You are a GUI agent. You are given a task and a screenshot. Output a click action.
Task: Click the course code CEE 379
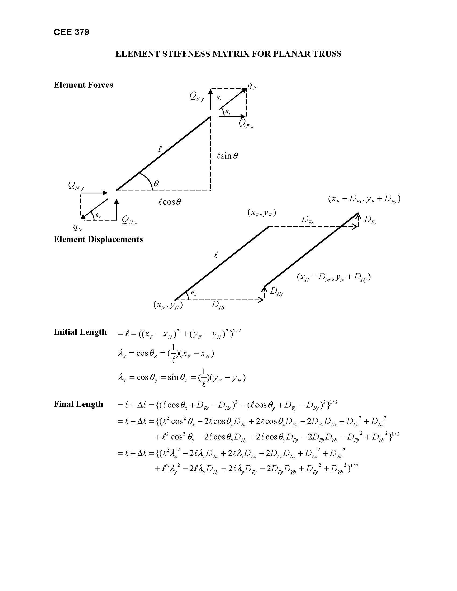tap(72, 32)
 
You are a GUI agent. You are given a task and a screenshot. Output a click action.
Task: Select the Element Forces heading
tap(83, 85)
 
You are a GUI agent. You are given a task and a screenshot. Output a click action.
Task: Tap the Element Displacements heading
tap(98, 239)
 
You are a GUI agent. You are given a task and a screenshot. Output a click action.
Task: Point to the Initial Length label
tap(80, 332)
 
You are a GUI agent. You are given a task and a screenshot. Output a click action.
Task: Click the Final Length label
tap(78, 404)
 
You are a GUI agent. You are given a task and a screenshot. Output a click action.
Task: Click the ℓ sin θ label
tap(227, 156)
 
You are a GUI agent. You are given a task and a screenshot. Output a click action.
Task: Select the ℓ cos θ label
tap(170, 202)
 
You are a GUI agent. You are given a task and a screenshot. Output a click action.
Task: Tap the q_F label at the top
tap(252, 86)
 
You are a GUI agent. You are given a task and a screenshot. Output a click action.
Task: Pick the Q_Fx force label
tap(246, 124)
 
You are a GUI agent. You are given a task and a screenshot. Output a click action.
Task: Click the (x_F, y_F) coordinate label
tap(262, 213)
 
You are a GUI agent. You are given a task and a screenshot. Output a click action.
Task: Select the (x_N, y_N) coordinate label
tap(168, 305)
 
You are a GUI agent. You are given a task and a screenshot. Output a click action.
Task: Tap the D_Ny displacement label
tap(276, 291)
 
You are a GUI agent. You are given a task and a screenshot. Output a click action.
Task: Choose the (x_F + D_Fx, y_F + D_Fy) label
tap(364, 199)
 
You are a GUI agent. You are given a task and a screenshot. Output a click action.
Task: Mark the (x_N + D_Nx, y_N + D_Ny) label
tap(334, 278)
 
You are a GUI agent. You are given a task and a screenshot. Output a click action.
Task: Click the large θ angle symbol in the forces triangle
tap(156, 184)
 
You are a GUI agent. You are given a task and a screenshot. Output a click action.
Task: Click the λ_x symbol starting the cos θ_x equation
tap(122, 354)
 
